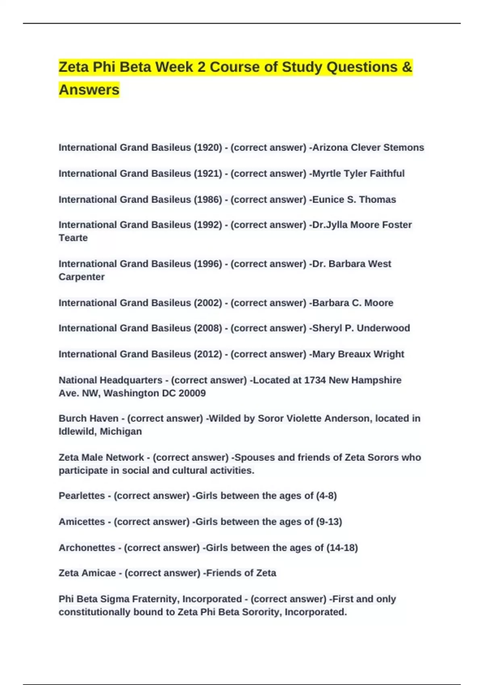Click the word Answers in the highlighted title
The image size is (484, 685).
[x=89, y=89]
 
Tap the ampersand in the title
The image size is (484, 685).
[x=407, y=67]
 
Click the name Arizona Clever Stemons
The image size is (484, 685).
[x=368, y=147]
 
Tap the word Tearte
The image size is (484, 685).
[x=73, y=238]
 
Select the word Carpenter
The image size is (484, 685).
[x=81, y=277]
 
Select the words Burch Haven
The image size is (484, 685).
[x=88, y=419]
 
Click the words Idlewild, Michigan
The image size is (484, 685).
[x=100, y=432]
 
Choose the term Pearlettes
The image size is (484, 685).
[x=82, y=496]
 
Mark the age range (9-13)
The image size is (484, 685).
[x=329, y=522]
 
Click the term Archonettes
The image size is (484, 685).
[x=87, y=548]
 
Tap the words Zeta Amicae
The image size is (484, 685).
[x=87, y=573]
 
